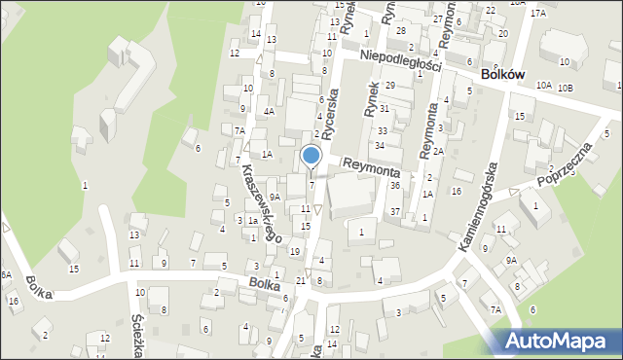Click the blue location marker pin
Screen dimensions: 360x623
[311, 157]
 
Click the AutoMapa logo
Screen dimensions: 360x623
[559, 342]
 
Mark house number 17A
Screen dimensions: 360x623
[538, 15]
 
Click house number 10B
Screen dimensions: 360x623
[566, 89]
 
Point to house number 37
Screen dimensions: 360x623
[394, 211]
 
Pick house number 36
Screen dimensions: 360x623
[394, 185]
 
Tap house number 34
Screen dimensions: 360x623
[380, 145]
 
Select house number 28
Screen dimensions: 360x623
[401, 31]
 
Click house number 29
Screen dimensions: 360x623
[389, 87]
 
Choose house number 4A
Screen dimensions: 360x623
[269, 111]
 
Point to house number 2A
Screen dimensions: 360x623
[439, 151]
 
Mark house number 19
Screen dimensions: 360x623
[295, 251]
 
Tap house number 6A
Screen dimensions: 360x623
[5, 275]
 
